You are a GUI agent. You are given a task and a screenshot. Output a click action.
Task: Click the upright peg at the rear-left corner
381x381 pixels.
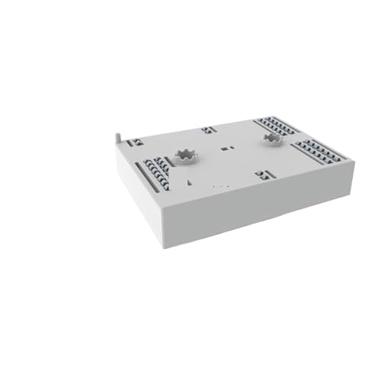tap(117, 137)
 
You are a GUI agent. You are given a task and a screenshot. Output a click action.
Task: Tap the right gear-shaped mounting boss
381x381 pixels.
tap(271, 139)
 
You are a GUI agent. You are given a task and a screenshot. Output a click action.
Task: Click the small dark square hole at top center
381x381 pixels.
tap(226, 149)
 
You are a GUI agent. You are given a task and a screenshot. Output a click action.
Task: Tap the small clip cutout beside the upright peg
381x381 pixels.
tap(135, 142)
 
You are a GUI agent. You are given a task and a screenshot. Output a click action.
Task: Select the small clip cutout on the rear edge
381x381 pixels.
tap(209, 130)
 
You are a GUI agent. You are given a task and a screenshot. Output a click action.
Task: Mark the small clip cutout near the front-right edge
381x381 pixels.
tap(263, 174)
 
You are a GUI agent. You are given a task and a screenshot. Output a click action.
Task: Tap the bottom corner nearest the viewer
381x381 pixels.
tap(160, 245)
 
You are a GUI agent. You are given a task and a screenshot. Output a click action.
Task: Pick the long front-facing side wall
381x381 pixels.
tap(259, 206)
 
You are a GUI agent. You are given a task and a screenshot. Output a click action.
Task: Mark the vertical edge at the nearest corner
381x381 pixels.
tap(159, 226)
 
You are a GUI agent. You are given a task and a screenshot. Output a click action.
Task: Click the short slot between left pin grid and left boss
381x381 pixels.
tap(174, 162)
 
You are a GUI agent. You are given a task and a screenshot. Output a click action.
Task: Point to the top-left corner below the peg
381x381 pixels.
tap(117, 146)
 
